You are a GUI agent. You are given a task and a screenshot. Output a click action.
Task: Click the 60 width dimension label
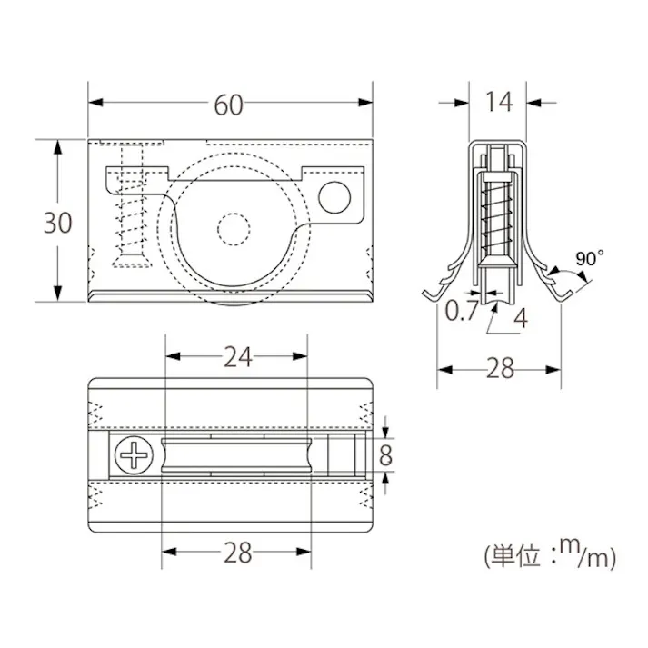tap(229, 105)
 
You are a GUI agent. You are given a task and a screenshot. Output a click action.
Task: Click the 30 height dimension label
tap(57, 222)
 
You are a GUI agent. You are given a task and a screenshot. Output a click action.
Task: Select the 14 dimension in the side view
tap(498, 102)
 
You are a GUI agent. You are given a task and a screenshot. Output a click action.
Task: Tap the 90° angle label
tap(589, 258)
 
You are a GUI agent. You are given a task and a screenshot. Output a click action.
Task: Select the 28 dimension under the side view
tap(499, 368)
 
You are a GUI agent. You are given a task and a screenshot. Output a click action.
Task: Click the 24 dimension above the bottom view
tap(238, 357)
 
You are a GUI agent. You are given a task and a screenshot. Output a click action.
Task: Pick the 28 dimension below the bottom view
tap(238, 553)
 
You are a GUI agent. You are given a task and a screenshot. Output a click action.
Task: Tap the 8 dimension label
tap(386, 454)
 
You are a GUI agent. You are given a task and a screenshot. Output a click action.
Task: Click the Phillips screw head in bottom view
tap(136, 454)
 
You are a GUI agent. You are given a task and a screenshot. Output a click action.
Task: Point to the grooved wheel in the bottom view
tap(238, 454)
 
